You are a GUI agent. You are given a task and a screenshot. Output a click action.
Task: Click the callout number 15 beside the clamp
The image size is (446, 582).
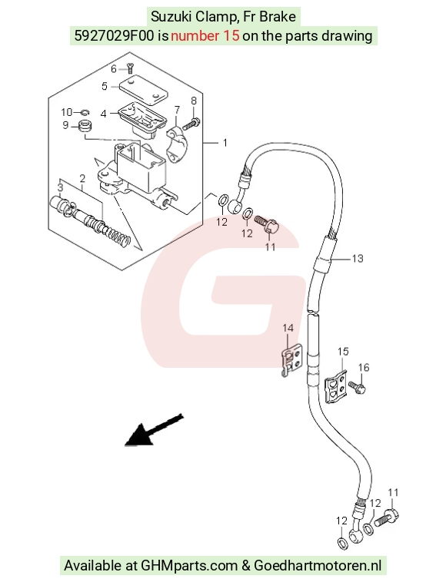click(343, 351)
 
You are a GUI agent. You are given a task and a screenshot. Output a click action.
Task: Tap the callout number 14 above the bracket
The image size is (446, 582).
click(288, 328)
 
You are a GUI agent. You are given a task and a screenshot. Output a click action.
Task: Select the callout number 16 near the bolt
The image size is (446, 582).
click(364, 368)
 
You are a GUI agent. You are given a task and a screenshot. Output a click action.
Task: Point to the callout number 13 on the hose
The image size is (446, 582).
click(357, 258)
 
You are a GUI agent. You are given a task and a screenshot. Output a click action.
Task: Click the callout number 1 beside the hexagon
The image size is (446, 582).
click(225, 143)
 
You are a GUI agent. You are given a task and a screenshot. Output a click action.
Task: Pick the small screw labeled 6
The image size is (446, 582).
click(130, 68)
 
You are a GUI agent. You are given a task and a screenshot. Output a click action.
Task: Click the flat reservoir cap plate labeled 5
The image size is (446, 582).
click(143, 90)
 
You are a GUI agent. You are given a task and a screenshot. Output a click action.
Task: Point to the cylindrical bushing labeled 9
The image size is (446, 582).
click(86, 125)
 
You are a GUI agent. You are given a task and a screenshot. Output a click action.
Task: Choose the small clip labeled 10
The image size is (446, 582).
click(85, 111)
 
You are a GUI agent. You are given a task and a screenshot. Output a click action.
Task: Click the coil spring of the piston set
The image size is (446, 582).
click(118, 236)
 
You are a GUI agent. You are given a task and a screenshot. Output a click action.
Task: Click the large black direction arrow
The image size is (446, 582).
click(154, 430)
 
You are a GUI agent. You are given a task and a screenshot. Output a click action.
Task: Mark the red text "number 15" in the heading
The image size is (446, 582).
click(205, 36)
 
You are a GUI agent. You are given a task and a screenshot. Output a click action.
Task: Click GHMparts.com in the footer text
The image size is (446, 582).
click(189, 566)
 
